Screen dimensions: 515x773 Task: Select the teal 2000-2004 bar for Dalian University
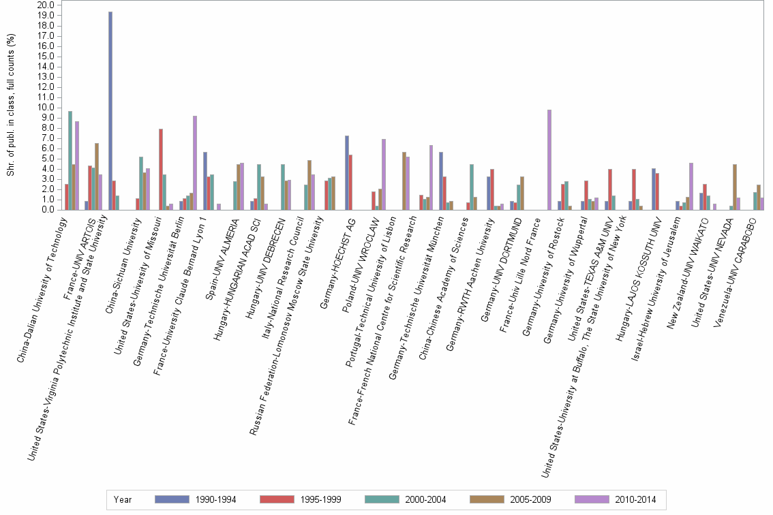pyautogui.click(x=70, y=161)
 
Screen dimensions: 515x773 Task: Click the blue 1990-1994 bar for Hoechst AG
pyautogui.click(x=347, y=173)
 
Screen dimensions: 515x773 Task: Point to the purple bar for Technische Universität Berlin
pyautogui.click(x=195, y=163)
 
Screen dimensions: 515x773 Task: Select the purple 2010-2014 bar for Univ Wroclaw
pyautogui.click(x=384, y=174)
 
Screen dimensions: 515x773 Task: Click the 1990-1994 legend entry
pyautogui.click(x=196, y=500)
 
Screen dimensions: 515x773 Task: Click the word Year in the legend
pyautogui.click(x=123, y=500)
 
